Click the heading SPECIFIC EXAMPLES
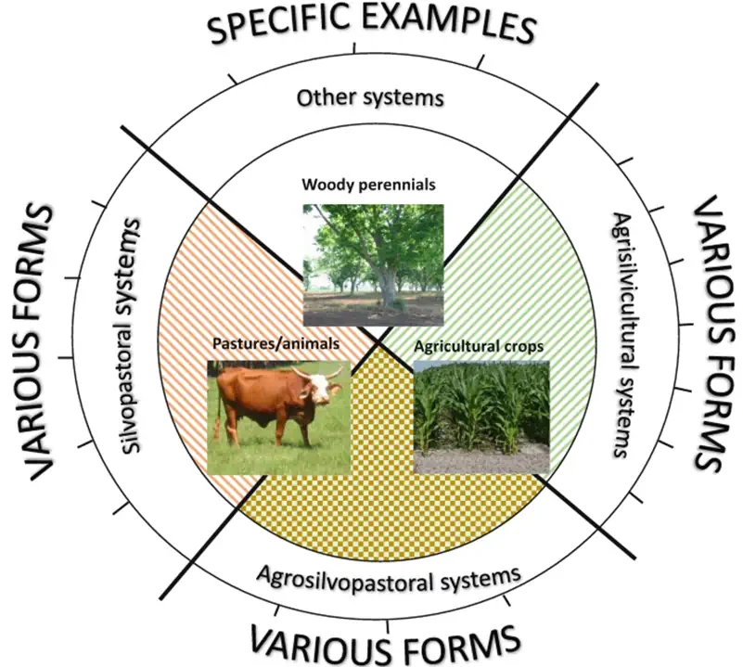(x=371, y=24)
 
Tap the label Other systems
(x=370, y=96)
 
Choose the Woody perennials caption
(x=368, y=185)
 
